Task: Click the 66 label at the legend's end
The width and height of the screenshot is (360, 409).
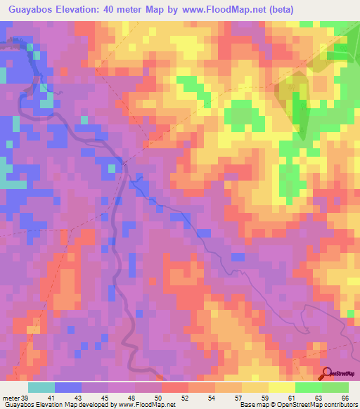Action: [x=345, y=397]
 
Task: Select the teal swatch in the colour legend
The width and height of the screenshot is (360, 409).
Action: [x=41, y=387]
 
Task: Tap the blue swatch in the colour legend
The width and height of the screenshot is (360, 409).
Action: [x=68, y=387]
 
